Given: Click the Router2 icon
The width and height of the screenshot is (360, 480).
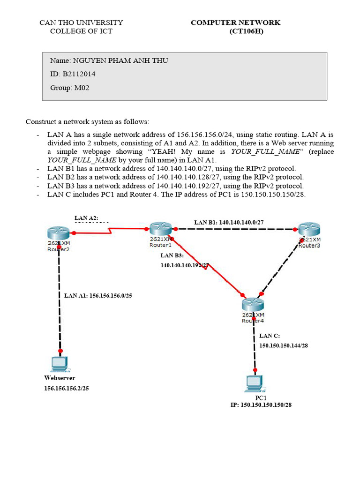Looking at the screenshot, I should (x=58, y=232).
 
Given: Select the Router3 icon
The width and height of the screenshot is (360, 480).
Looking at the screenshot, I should (x=309, y=230).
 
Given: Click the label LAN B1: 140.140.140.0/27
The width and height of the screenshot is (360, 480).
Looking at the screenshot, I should (x=229, y=222).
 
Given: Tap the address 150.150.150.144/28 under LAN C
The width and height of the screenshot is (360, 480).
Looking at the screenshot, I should (x=284, y=345).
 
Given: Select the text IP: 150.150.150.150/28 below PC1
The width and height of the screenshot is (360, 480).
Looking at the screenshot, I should (x=261, y=405).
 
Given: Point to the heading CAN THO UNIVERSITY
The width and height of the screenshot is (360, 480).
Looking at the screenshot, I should (x=81, y=22).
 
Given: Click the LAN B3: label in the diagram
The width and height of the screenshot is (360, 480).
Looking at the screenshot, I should (x=172, y=255).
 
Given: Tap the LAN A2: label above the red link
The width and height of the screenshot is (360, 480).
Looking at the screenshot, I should (x=86, y=217).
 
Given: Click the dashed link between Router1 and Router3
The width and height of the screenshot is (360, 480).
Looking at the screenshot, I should (x=237, y=229).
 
